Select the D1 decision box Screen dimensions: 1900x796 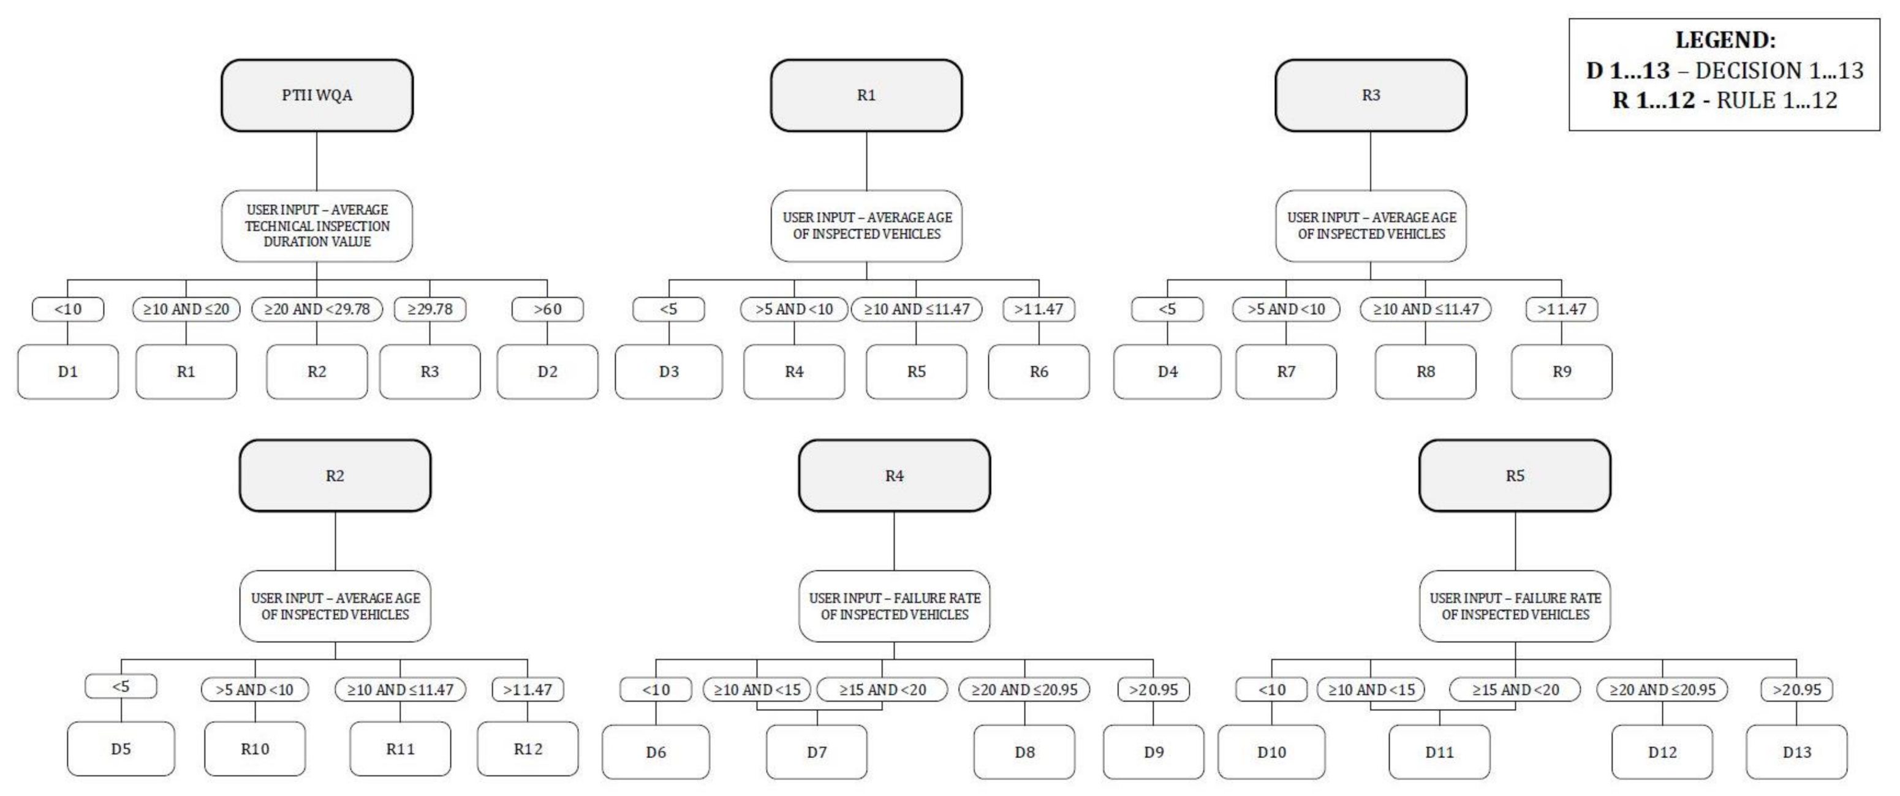click(x=68, y=372)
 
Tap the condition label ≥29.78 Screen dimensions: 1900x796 click(x=430, y=309)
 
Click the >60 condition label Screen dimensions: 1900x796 click(x=547, y=309)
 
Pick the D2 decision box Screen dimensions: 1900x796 click(x=547, y=372)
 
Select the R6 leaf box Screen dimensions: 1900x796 click(x=1039, y=372)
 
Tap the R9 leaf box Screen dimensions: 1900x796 click(x=1561, y=372)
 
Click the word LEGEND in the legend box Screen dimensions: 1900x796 click(x=1724, y=40)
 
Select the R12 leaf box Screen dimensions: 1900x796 click(x=528, y=749)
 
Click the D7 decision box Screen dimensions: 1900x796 click(x=817, y=752)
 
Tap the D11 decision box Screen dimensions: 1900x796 click(x=1439, y=752)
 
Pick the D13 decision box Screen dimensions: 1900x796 click(x=1796, y=752)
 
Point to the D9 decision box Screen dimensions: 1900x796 click(x=1154, y=752)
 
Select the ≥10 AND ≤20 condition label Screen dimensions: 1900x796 click(x=186, y=309)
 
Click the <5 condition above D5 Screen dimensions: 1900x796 click(x=121, y=687)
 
